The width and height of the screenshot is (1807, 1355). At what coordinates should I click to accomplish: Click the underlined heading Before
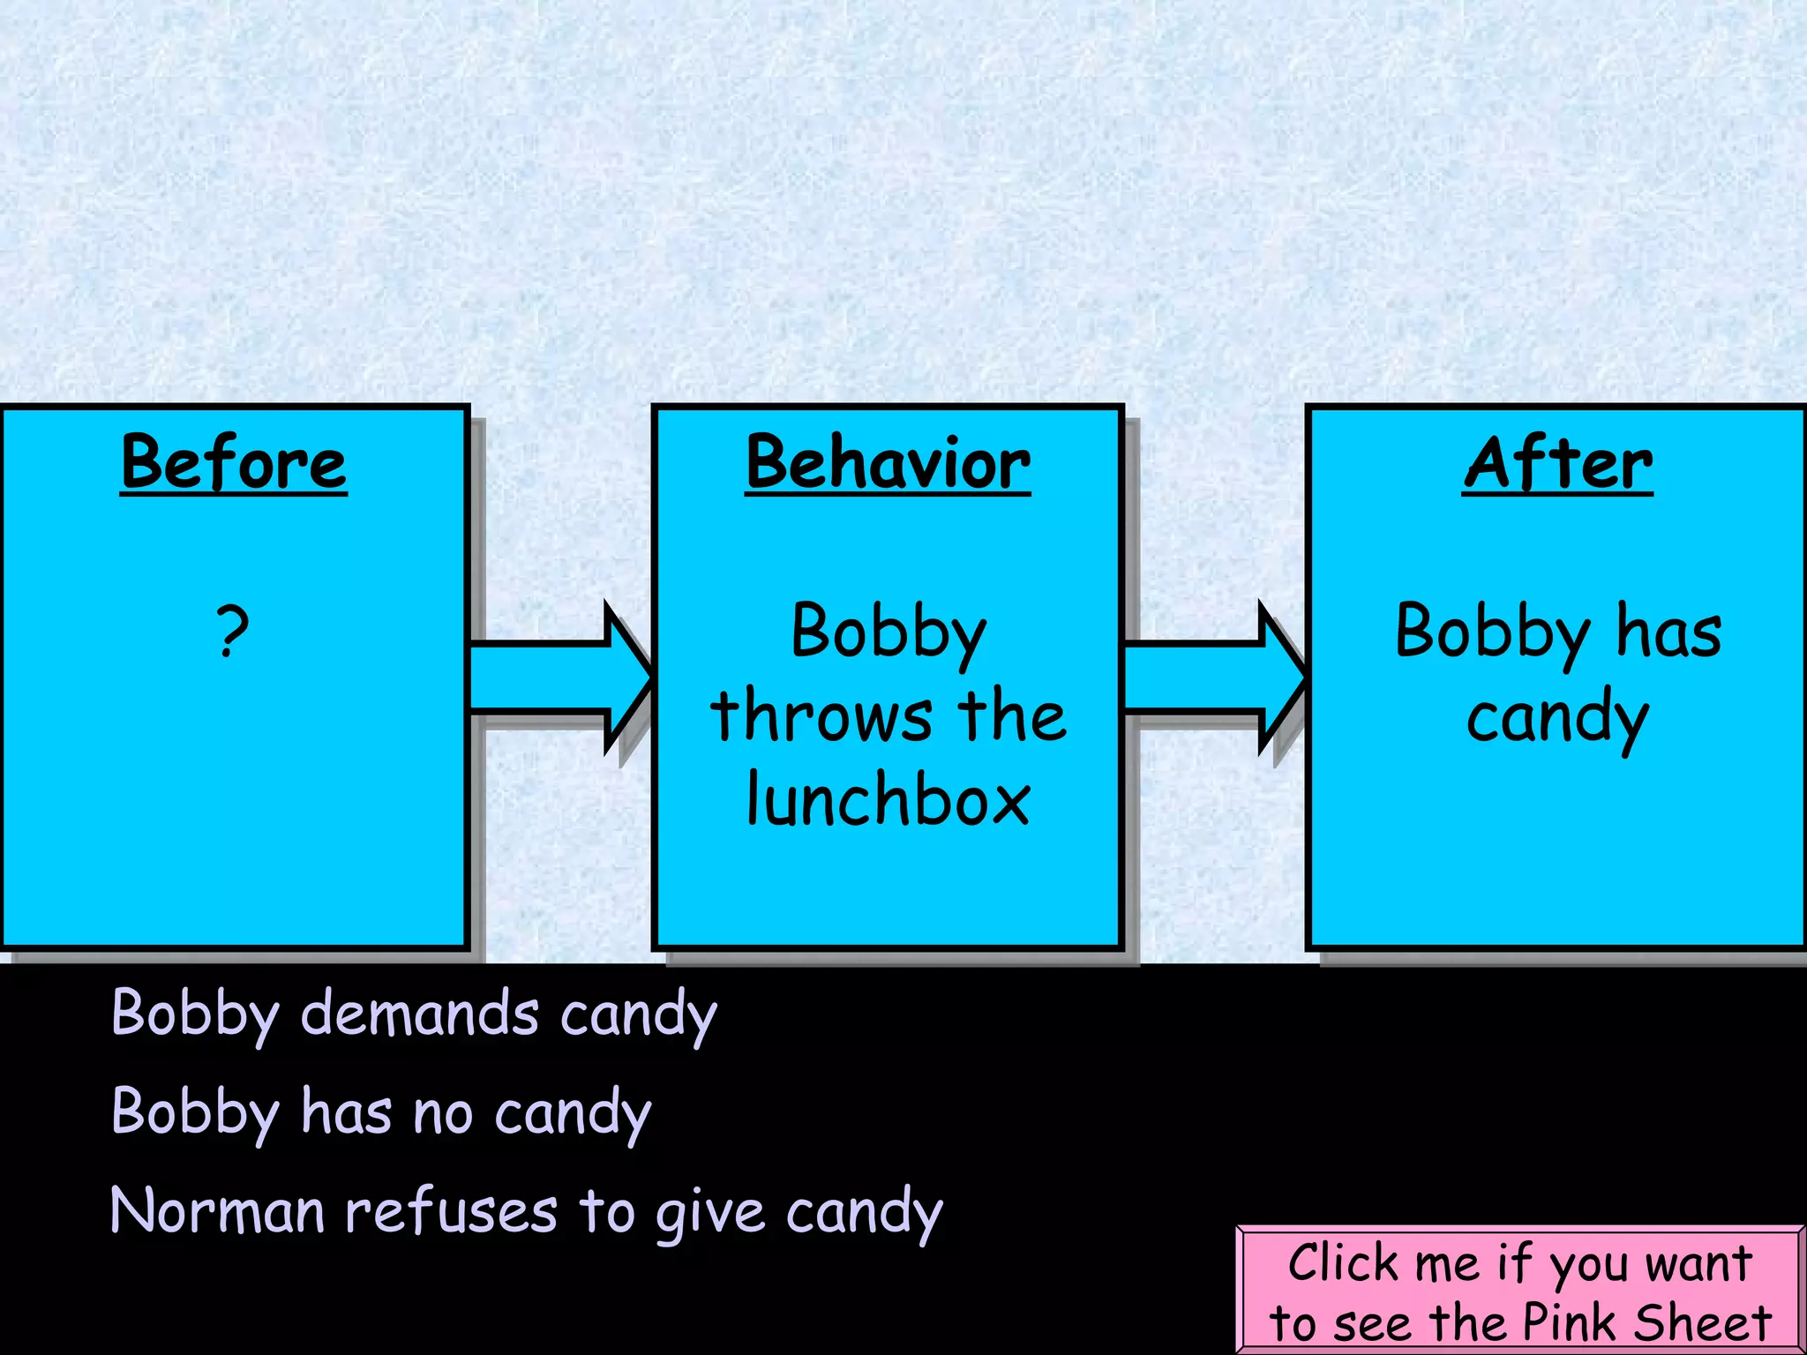pos(234,463)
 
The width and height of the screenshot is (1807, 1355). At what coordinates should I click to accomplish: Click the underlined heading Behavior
pos(888,463)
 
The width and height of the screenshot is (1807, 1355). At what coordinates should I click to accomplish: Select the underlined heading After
pos(1557,463)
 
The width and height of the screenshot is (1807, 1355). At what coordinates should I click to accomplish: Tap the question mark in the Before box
pos(233,632)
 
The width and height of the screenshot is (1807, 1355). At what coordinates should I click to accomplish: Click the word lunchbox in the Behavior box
pos(888,800)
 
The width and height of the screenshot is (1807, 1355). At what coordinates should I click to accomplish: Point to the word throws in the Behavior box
pos(821,715)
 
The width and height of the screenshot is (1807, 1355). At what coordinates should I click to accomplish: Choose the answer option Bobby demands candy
pos(414,1014)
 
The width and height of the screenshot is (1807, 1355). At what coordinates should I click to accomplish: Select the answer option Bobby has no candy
pos(381,1113)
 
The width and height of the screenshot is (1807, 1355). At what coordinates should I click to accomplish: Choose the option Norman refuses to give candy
pos(527,1212)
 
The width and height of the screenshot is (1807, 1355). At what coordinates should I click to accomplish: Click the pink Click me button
pos(1519,1291)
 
